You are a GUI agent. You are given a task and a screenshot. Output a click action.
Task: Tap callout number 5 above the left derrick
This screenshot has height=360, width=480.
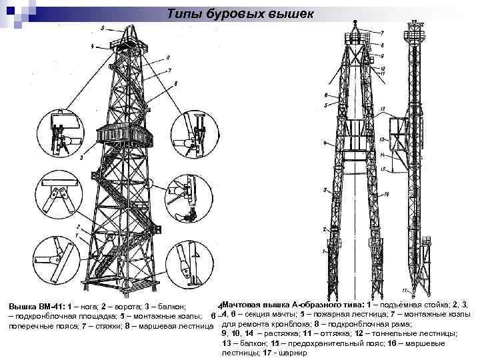[x=103, y=28]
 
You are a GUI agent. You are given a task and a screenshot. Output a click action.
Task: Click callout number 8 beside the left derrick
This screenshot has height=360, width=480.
[x=175, y=83]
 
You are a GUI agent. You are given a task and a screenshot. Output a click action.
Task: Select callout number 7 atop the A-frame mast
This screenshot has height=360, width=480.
[x=382, y=33]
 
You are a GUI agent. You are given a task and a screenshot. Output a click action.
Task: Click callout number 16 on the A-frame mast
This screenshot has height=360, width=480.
[x=387, y=194]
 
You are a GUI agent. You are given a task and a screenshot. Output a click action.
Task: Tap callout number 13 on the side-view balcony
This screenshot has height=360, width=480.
[x=382, y=139]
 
